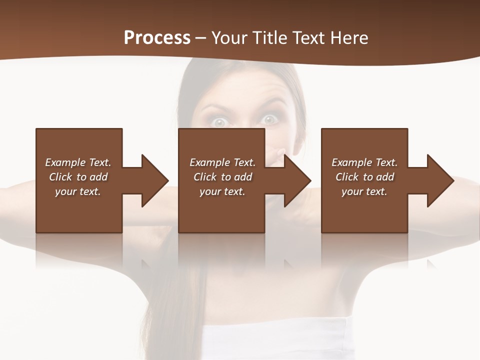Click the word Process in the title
157,38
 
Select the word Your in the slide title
229,38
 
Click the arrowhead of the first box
154,180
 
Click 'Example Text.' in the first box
78,162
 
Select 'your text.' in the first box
78,191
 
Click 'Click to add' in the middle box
222,177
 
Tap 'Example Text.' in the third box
364,162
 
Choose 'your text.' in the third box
364,191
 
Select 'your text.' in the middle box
222,191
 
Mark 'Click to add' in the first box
78,177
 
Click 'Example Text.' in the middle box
222,162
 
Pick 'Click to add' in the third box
364,177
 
